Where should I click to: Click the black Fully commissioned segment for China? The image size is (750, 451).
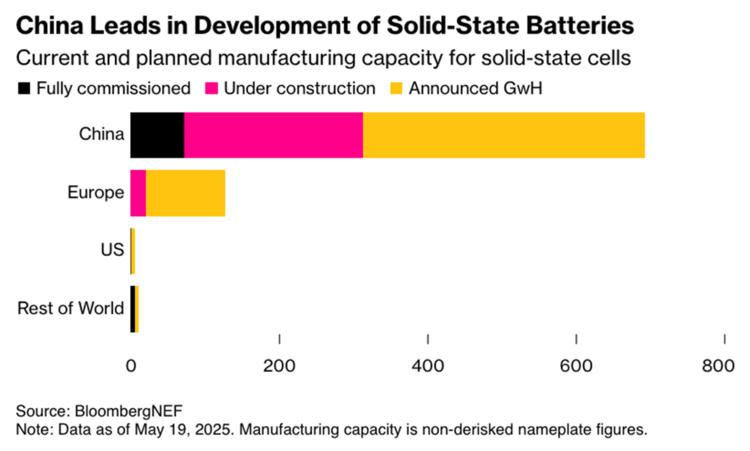pos(157,136)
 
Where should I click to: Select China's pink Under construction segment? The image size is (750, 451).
pos(273,136)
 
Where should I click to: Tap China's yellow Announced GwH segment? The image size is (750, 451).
pos(503,136)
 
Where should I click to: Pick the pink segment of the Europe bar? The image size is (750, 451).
pos(138,193)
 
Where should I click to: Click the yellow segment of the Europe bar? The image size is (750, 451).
pos(185,193)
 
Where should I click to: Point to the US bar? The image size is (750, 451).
pos(132,250)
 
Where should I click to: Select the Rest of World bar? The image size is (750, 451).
pos(134,308)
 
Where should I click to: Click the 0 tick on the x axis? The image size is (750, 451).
pos(130,367)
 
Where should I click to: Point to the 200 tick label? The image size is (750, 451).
pos(279,367)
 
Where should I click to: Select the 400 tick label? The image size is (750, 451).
pos(428,367)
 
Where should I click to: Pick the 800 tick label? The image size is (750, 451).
pos(718,367)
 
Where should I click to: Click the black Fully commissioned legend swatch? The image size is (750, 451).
pos(24,88)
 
